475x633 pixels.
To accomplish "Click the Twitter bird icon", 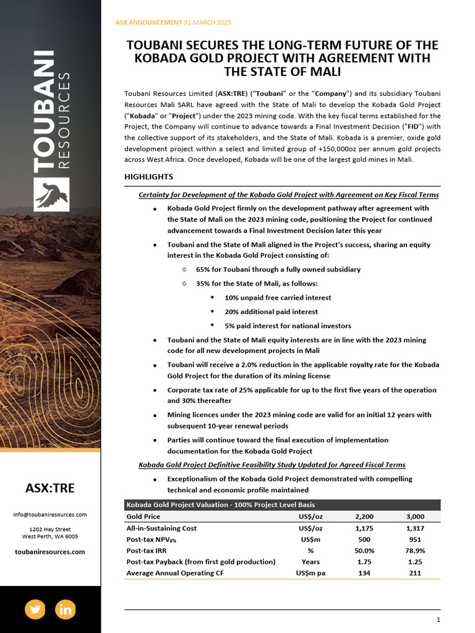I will [x=35, y=609].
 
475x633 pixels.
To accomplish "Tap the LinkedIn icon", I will [x=65, y=609].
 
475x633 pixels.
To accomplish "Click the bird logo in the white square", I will [x=51, y=194].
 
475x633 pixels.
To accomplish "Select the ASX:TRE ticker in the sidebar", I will [x=50, y=488].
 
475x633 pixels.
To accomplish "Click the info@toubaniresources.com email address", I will [x=50, y=514].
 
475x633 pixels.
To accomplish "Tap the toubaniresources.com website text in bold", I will [x=50, y=551].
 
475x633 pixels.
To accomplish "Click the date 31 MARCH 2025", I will [x=208, y=22].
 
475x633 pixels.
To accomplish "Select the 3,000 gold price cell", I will [x=414, y=516].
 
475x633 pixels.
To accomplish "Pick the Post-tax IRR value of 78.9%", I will [x=414, y=550].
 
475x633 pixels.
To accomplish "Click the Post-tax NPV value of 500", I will [x=364, y=539].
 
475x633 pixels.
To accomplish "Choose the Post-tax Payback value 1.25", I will [x=414, y=562].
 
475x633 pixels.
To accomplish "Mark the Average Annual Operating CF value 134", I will [x=364, y=573].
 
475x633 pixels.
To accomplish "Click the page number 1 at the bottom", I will [x=438, y=619].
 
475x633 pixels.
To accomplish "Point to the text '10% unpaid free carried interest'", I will [x=278, y=297].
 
